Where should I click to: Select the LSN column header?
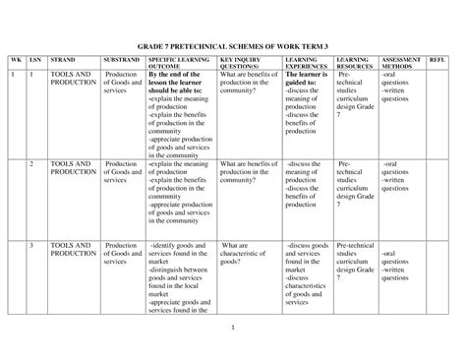(x=35, y=61)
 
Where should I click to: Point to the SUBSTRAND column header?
(x=121, y=61)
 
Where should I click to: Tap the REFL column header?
(x=437, y=61)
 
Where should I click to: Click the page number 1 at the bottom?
(x=233, y=326)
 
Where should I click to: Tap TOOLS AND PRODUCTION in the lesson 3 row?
(x=72, y=249)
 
